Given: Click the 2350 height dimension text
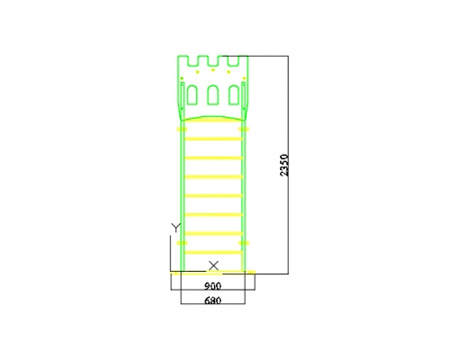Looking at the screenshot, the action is point(283,165).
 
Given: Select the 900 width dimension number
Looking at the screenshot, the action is point(212,286).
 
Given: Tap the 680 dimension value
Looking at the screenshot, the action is point(212,301).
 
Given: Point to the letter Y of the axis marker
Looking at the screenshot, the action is point(175,228).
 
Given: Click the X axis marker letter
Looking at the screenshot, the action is point(213,265).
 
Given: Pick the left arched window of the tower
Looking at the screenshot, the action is point(192,95).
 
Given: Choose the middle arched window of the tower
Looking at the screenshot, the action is point(213,95).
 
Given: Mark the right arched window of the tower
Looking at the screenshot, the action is point(234,95).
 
